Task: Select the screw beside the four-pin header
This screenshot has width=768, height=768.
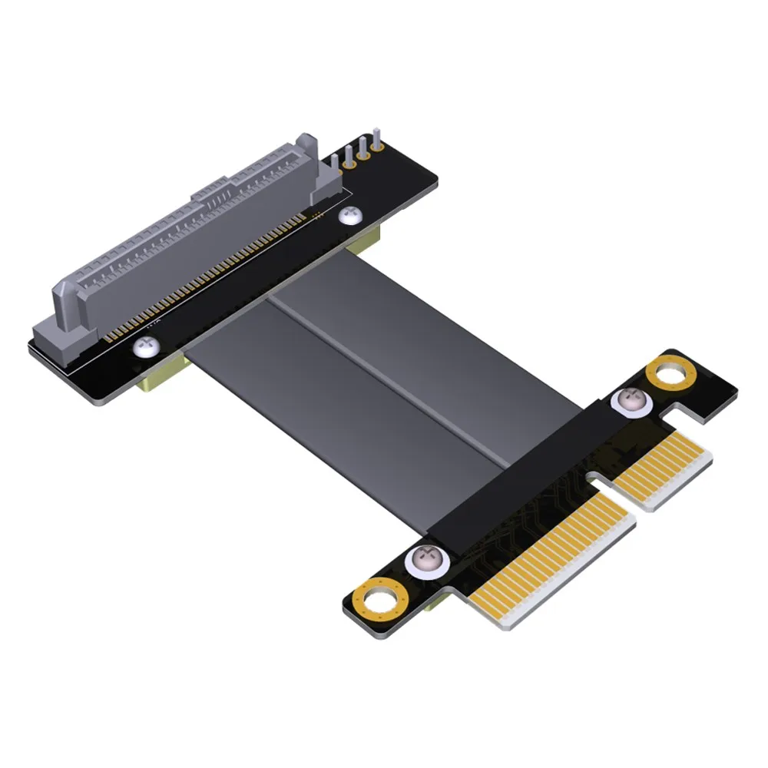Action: [x=348, y=216]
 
